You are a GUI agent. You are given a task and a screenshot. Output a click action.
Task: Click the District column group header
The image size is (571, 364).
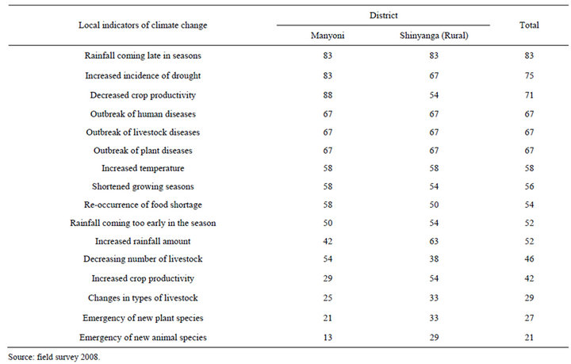point(384,15)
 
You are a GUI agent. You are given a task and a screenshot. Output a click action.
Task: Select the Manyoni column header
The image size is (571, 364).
point(328,36)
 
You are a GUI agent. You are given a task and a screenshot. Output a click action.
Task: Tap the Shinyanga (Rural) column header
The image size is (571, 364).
point(434,36)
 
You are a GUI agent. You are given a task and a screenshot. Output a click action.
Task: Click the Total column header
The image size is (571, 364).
point(529,25)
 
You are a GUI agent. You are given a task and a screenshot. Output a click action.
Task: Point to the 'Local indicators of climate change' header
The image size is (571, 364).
point(143,25)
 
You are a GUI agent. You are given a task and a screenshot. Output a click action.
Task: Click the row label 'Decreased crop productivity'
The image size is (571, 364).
point(143,95)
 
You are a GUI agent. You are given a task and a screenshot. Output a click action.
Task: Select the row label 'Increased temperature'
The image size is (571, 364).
point(143,168)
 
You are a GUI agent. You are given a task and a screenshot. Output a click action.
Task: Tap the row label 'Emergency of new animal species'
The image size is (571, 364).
point(143,337)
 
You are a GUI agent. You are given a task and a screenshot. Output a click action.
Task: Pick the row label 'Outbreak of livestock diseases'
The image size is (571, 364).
point(143,132)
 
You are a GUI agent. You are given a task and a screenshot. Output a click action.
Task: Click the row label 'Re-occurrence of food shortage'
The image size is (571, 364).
point(143,205)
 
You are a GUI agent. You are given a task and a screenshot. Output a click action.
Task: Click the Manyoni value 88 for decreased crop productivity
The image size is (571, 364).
point(328,95)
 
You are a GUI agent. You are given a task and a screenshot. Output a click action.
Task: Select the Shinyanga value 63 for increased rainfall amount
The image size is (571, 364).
point(434,241)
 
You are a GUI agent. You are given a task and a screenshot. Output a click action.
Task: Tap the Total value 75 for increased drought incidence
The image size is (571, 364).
point(529,75)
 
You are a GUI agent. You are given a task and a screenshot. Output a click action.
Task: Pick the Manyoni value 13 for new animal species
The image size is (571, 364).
point(328,337)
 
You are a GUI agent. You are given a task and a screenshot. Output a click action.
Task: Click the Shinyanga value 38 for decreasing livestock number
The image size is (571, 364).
point(434,259)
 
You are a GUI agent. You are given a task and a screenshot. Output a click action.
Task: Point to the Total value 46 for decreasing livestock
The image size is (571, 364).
point(529,259)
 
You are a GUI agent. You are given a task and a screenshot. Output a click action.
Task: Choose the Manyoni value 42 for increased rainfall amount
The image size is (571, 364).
point(328,241)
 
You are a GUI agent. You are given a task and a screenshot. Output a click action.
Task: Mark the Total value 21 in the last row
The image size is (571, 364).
point(529,337)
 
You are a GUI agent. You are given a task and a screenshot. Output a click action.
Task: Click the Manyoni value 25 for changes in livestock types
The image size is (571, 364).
point(328,297)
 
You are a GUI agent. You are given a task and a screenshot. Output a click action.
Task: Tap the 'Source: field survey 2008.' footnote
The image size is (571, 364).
point(54,357)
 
